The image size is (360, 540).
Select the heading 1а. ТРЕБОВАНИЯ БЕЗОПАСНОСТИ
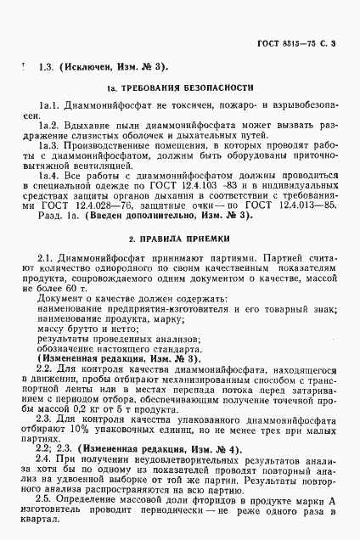click(x=180, y=87)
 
